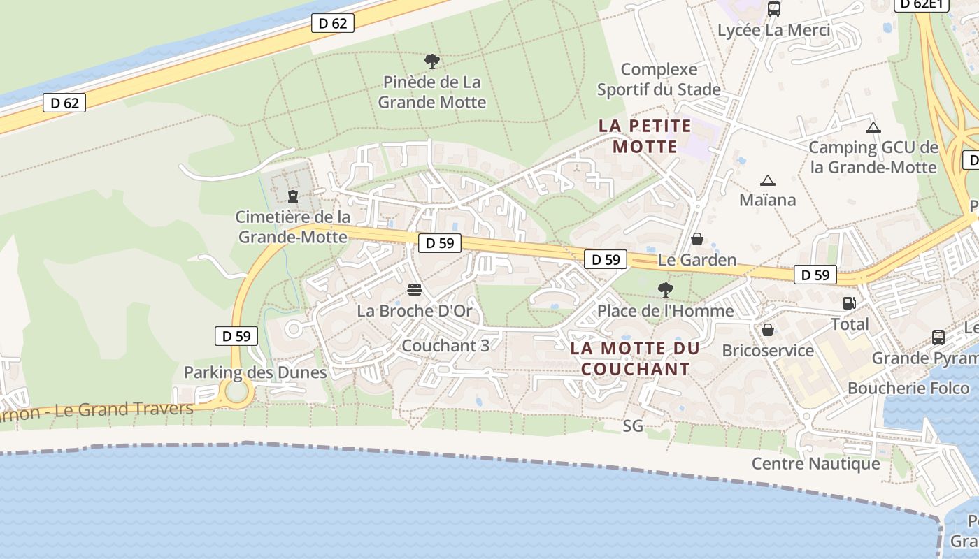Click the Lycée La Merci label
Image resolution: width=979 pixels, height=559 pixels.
(x=774, y=30)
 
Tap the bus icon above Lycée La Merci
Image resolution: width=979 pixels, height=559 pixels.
(x=774, y=9)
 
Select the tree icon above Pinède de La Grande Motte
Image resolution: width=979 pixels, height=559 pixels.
(x=432, y=61)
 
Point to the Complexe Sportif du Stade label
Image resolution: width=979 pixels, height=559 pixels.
(x=659, y=80)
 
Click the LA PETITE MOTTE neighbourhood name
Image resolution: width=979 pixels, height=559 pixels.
(x=645, y=136)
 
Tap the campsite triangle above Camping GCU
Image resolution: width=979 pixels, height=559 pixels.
(x=873, y=127)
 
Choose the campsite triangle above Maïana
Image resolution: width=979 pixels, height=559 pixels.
(x=768, y=180)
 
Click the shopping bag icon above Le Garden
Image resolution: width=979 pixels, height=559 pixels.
(x=697, y=239)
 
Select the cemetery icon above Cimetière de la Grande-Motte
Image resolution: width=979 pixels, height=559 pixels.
(x=293, y=196)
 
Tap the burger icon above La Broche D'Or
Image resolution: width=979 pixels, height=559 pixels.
(x=415, y=290)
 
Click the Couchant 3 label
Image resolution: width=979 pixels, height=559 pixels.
(x=445, y=345)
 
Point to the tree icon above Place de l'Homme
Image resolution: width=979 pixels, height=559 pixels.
(x=666, y=289)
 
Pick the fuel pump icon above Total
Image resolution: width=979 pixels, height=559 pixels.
(x=850, y=303)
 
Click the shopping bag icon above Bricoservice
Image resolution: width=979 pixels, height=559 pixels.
(x=768, y=329)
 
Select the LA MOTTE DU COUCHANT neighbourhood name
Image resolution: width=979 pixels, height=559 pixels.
(x=635, y=358)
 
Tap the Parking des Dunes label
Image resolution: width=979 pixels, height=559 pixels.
(x=255, y=372)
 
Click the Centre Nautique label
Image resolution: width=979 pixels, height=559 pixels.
(x=815, y=463)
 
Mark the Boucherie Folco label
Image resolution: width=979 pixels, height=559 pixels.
(x=908, y=388)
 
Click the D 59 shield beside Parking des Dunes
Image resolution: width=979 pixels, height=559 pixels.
(x=236, y=336)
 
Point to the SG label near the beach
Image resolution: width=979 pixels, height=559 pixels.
(x=633, y=426)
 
